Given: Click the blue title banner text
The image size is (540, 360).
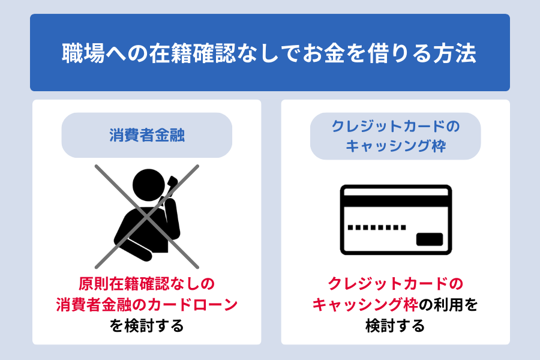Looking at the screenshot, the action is click(269, 53).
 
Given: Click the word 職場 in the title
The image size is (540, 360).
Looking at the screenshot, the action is click(83, 53).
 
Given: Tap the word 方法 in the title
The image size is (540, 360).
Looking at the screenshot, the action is click(455, 53).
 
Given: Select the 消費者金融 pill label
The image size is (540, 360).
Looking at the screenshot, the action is click(147, 135).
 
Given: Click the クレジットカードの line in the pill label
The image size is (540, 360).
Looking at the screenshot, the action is click(395, 127).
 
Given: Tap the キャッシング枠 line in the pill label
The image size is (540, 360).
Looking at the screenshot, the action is click(396, 146).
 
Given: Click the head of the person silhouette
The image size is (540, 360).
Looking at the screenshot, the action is click(149, 185).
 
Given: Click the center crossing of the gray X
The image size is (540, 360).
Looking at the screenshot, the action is click(147, 217).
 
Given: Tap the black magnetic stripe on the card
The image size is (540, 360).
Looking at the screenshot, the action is click(396, 201).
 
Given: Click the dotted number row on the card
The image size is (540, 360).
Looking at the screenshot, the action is click(377, 227).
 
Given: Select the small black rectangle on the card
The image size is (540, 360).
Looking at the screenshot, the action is click(430, 239).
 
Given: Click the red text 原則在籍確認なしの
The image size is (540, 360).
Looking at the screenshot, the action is click(147, 284).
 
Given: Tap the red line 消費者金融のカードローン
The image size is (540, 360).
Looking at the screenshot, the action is click(147, 305).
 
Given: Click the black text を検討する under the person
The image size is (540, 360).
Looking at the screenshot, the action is click(147, 326).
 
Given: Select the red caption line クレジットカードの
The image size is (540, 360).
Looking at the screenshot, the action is click(395, 284).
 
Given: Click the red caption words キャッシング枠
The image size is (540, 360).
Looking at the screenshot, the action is click(365, 305).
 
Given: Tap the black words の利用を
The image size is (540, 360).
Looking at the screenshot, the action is click(448, 305).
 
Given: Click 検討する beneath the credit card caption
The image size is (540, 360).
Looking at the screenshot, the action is click(395, 326).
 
